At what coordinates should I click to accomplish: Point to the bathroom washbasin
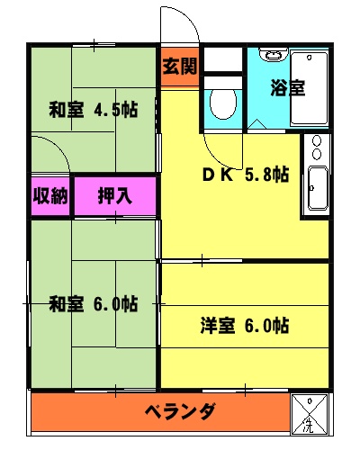click(272, 54)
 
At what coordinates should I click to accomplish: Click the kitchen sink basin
click(317, 187)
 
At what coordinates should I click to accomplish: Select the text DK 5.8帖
click(244, 175)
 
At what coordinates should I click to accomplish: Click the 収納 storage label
click(50, 196)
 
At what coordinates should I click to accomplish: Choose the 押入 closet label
click(114, 196)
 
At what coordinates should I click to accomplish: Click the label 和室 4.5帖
click(94, 111)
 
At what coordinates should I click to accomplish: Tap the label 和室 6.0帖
click(94, 302)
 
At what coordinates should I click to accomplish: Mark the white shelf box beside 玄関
click(223, 60)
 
